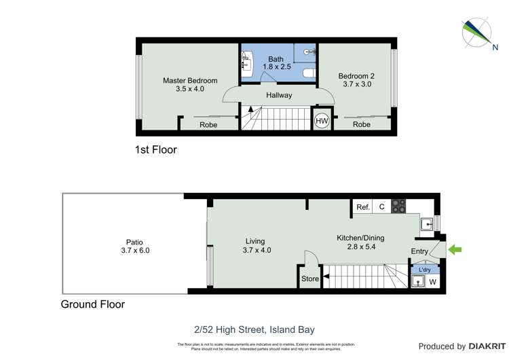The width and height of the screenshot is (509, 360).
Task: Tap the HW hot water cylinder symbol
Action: click(322, 121)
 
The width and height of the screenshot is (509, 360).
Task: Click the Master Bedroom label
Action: click(190, 84)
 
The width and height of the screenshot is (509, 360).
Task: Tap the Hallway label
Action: click(279, 96)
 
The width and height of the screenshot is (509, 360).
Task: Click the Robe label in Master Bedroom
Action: click(208, 125)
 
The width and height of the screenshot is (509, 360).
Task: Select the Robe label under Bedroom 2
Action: click(362, 125)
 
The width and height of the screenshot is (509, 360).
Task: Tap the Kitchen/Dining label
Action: click(360, 242)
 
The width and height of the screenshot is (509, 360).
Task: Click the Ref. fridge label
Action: click(362, 206)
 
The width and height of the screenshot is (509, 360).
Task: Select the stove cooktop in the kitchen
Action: click(398, 206)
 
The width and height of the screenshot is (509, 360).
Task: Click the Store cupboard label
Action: click(309, 278)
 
